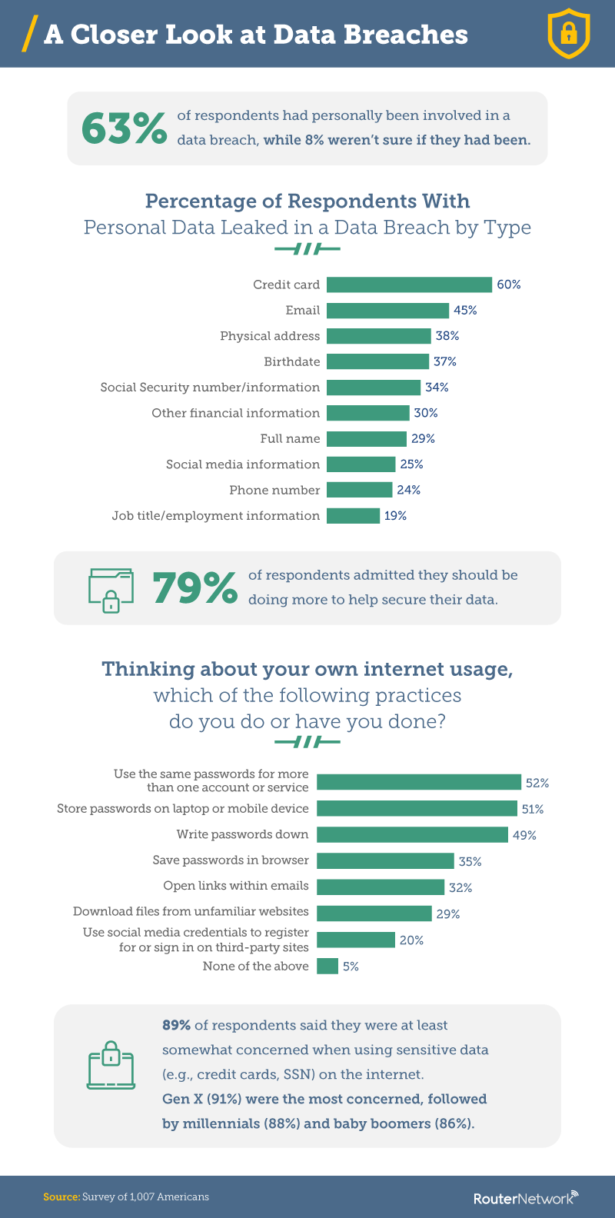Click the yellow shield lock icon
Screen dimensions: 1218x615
pos(568,35)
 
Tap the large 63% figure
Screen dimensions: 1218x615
pos(124,128)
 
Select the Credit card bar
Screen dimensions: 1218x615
pos(409,285)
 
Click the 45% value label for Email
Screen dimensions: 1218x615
pos(465,310)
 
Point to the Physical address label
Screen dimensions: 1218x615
pos(270,336)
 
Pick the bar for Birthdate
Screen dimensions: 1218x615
pos(377,361)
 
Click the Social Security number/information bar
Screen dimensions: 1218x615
pos(374,388)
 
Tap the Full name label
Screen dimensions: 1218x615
pos(290,439)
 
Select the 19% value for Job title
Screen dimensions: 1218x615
pos(395,516)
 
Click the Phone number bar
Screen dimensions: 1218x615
pos(359,490)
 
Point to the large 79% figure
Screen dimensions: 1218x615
pos(194,588)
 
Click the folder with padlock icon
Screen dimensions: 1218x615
pos(111,590)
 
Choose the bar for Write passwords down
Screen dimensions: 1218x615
pos(412,834)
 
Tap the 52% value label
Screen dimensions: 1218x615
pos(537,783)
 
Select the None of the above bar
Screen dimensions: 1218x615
pos(327,966)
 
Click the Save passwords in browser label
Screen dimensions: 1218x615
pos(231,860)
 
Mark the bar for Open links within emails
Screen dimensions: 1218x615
pos(381,887)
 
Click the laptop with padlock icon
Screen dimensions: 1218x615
pos(111,1065)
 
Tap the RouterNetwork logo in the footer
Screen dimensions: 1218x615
pos(525,1198)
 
